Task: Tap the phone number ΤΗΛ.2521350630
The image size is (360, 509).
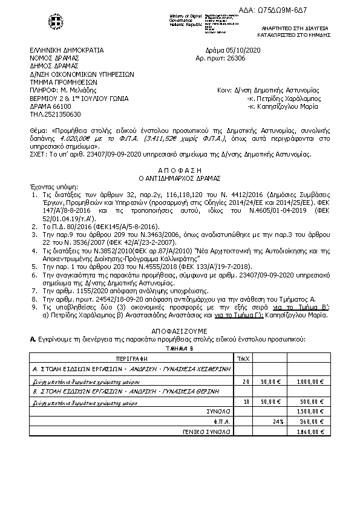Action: (55, 114)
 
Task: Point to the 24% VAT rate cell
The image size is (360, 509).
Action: (278, 421)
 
